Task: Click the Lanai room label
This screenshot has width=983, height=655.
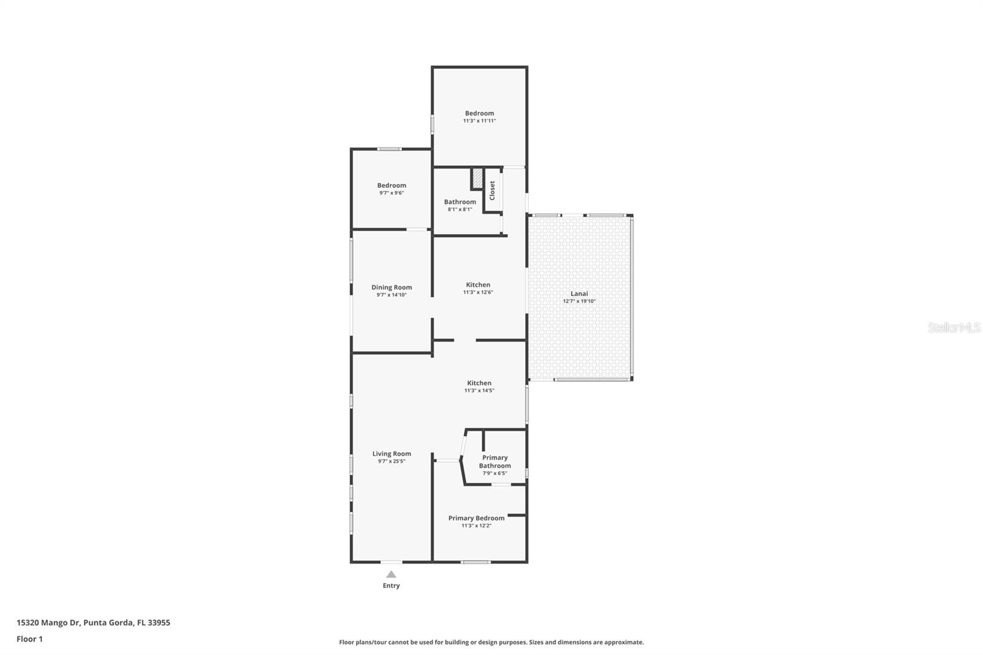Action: click(x=579, y=294)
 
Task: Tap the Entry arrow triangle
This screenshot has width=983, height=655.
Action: click(x=391, y=575)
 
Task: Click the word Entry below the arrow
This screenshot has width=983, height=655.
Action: click(x=391, y=586)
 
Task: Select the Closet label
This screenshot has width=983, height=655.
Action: click(x=492, y=190)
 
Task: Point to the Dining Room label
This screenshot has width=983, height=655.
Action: click(x=391, y=287)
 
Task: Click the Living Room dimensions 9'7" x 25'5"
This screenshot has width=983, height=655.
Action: click(x=391, y=461)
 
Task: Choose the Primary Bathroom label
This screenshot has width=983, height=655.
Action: click(x=495, y=461)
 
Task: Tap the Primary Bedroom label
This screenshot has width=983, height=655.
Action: click(x=476, y=518)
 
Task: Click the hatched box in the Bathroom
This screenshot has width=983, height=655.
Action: click(x=477, y=179)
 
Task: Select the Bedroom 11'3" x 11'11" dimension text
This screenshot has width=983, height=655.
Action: click(x=479, y=121)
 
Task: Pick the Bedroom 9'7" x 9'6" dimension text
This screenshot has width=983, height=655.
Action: click(x=391, y=193)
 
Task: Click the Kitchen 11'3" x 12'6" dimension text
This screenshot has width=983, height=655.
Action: click(x=478, y=292)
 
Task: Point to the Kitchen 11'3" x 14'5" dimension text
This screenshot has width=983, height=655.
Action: click(x=479, y=391)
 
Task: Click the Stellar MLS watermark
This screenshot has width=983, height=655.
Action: click(x=954, y=327)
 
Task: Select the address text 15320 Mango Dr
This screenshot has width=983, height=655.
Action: click(x=48, y=622)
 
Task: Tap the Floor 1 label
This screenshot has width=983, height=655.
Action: click(x=29, y=639)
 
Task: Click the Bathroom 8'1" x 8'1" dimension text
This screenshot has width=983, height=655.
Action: click(x=460, y=210)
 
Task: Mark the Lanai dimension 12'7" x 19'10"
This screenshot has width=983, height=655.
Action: click(x=579, y=302)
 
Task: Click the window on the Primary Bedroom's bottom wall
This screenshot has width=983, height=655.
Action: click(x=476, y=562)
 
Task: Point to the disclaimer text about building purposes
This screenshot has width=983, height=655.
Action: click(x=491, y=642)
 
